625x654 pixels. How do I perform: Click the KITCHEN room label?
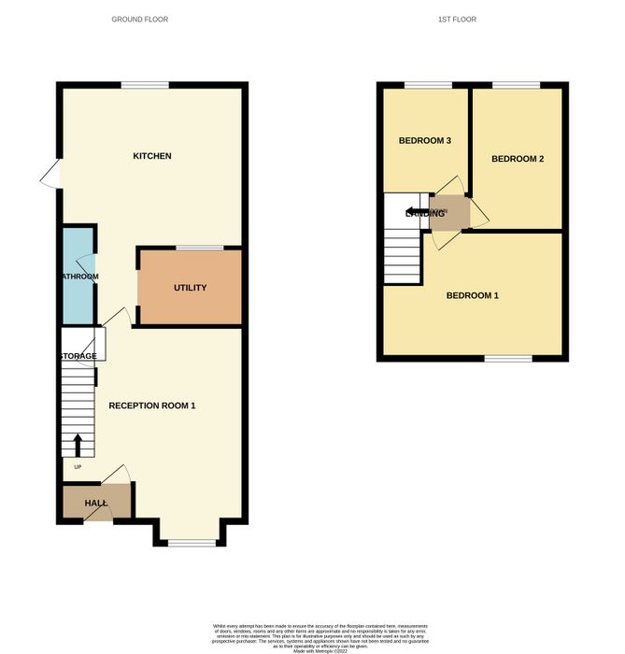(x=151, y=156)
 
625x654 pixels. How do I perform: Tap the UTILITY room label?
(x=190, y=288)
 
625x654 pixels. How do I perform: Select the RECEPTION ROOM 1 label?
(x=151, y=405)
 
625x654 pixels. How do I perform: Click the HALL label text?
(x=95, y=504)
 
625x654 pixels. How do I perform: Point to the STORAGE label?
(x=78, y=357)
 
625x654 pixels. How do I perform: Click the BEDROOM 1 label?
(x=472, y=296)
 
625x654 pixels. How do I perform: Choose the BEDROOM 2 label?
(x=518, y=159)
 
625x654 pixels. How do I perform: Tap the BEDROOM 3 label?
(x=425, y=141)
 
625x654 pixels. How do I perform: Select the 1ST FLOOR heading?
(x=470, y=20)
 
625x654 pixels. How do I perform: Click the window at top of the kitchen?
(x=145, y=86)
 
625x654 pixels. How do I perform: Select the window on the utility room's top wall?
(x=200, y=248)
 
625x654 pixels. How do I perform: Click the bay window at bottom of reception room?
(x=191, y=543)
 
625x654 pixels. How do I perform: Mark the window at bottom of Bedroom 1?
(x=507, y=358)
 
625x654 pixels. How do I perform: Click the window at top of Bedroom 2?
(x=517, y=86)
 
